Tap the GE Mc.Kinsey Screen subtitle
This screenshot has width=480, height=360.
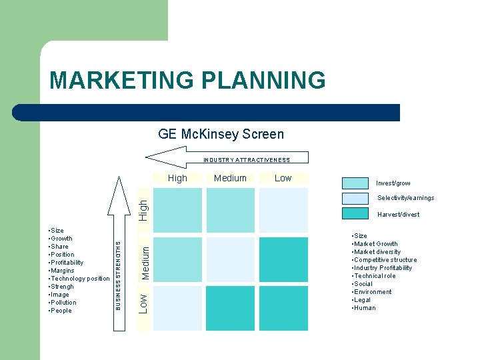[x=221, y=134]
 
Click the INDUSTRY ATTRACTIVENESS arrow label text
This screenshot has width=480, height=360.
[x=247, y=160]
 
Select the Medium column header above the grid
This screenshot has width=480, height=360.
[x=230, y=178]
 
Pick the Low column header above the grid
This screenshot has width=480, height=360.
[x=283, y=178]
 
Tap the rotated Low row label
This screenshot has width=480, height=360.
[x=143, y=301]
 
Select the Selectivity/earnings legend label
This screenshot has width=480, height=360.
[x=405, y=198]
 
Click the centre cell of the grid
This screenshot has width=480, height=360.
[x=231, y=259]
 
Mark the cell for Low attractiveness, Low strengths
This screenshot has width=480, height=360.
[x=283, y=308]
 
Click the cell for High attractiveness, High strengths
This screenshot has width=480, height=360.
[x=178, y=209]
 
